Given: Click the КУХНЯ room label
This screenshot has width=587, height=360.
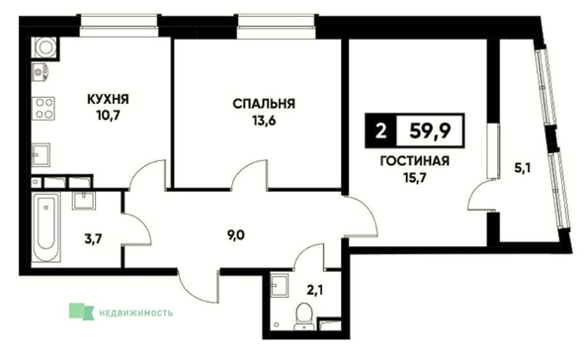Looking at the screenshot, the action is point(108,100).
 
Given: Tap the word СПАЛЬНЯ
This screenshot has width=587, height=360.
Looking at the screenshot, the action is point(264,104).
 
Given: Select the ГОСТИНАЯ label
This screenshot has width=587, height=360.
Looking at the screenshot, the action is point(414,161).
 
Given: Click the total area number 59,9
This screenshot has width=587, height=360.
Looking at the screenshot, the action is point(430,132).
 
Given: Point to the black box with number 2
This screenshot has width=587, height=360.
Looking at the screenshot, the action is point(380,131).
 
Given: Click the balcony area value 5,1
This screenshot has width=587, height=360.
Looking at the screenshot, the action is point(522,169).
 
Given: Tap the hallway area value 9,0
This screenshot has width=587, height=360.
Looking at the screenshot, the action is point(236,236).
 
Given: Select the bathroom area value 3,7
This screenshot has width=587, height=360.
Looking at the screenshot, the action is point(93,238).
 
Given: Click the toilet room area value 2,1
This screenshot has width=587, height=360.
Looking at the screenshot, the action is point(315,291).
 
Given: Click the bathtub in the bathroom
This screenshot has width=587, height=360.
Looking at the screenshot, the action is point(46,227).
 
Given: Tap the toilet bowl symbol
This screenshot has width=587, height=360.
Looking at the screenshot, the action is point(304,316).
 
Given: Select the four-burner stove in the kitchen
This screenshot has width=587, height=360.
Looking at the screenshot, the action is point(43,108).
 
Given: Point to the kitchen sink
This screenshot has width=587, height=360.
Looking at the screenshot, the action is point(41,154).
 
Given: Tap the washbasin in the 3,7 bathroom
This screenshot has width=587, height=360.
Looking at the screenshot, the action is point(84,200).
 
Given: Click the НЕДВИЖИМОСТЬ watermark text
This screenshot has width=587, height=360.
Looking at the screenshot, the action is point(136,313).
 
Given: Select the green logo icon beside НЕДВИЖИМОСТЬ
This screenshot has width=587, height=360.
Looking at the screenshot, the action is point(81,312).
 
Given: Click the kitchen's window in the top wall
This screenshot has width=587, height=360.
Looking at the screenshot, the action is point(119,26).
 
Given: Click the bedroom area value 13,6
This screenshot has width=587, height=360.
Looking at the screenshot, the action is point(264,121).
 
